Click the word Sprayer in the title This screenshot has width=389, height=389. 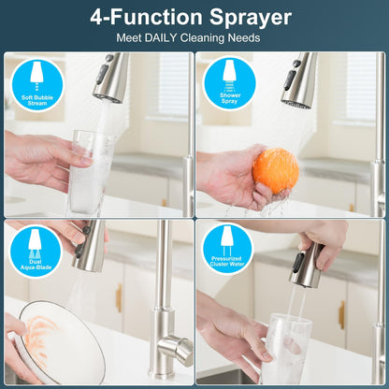pyautogui.click(x=251, y=18)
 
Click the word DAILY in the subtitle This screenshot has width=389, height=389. pyautogui.click(x=161, y=38)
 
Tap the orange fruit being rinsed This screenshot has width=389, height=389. pyautogui.click(x=276, y=170)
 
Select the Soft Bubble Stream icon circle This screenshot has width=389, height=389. pyautogui.click(x=37, y=84)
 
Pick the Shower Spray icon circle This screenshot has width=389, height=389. pyautogui.click(x=230, y=82)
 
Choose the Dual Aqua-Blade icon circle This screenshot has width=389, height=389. pyautogui.click(x=36, y=251)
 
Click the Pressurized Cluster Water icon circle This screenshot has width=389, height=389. pyautogui.click(x=227, y=248)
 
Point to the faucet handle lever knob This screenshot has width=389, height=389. pyautogui.click(x=176, y=348)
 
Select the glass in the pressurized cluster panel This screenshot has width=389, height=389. pyautogui.click(x=286, y=349)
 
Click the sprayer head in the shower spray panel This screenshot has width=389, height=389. pyautogui.click(x=298, y=80)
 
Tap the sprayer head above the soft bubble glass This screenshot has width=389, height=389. pyautogui.click(x=110, y=78)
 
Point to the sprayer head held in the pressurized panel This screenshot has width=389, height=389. pyautogui.click(x=305, y=266)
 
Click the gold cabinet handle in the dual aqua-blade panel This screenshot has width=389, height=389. pyautogui.click(x=119, y=297)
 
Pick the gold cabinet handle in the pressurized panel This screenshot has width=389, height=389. pyautogui.click(x=341, y=314)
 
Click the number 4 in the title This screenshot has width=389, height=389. pyautogui.click(x=97, y=18)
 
